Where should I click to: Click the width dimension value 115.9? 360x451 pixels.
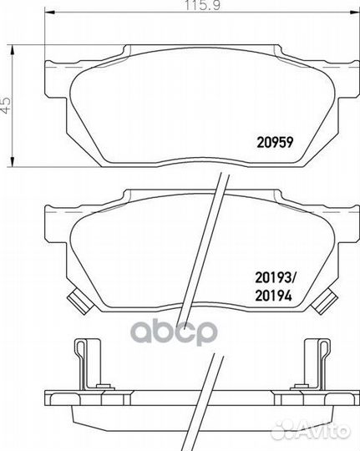203,5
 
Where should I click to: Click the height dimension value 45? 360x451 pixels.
6,105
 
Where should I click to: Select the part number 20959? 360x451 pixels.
275,142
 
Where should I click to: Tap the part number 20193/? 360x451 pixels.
276,278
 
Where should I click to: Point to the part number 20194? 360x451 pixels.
273,296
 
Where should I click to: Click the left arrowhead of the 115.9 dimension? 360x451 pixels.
49,13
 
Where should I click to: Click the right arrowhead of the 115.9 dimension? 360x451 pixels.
354,13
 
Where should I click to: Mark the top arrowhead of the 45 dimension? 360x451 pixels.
12,50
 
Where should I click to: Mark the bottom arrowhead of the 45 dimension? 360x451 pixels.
12,161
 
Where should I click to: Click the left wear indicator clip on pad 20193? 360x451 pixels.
79,302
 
